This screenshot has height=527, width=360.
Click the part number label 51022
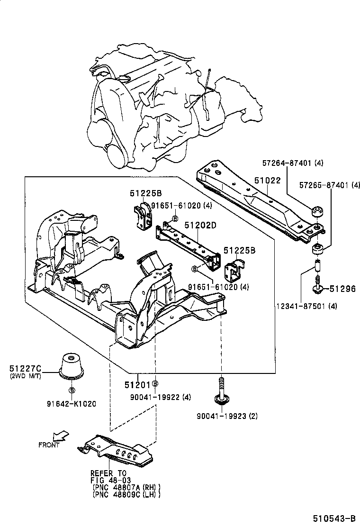pyautogui.click(x=267, y=181)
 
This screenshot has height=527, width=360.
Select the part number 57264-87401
pyautogui.click(x=288, y=163)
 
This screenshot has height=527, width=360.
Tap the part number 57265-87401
pyautogui.click(x=324, y=185)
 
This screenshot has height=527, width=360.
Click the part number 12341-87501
pyautogui.click(x=301, y=306)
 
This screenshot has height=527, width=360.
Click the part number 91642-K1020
pyautogui.click(x=71, y=404)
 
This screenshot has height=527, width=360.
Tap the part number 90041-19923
pyautogui.click(x=221, y=417)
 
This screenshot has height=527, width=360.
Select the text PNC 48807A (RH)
pyautogui.click(x=126, y=487)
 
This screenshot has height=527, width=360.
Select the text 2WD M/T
pyautogui.click(x=25, y=376)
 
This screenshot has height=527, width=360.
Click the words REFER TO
pyautogui.click(x=109, y=473)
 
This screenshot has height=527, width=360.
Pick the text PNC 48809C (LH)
pyautogui.click(x=126, y=494)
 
